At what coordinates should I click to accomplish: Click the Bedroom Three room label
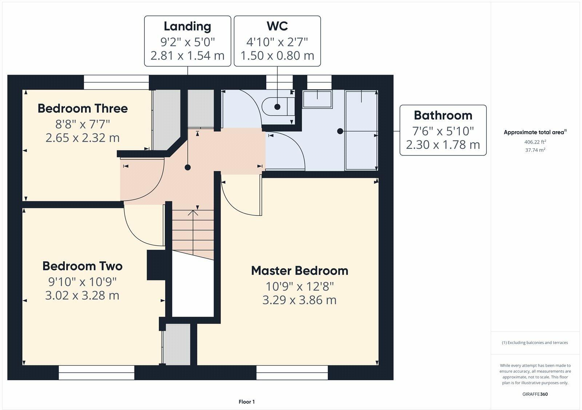(83, 109)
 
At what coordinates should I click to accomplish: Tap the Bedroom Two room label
(82, 266)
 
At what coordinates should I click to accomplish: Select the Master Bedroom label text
(300, 271)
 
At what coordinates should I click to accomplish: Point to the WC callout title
(277, 26)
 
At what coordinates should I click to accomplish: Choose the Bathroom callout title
(443, 116)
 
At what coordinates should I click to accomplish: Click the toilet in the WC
(278, 106)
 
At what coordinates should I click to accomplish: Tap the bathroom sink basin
(318, 99)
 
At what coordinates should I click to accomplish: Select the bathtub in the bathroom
(361, 130)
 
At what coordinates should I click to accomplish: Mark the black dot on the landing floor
(188, 168)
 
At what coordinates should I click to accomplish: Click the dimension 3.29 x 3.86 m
(300, 300)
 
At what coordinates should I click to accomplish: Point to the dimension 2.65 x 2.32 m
(83, 138)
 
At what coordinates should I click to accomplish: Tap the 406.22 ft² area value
(535, 142)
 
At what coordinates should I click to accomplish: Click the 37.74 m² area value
(535, 150)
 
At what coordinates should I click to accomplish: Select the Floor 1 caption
(247, 402)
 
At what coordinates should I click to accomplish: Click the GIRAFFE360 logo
(535, 394)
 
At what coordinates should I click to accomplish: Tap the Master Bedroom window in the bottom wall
(292, 373)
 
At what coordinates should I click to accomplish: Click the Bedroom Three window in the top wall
(116, 82)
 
